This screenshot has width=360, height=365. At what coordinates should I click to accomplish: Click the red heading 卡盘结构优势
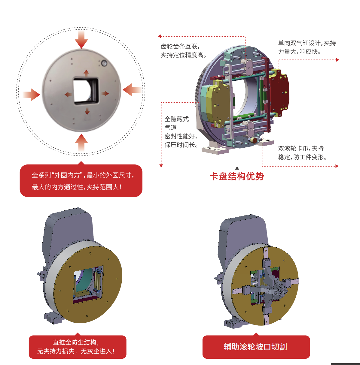237,176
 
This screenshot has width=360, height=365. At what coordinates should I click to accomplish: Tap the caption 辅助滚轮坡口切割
255,347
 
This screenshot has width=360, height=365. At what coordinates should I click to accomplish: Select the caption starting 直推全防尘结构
76,347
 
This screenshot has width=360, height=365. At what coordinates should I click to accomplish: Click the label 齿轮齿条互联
180,47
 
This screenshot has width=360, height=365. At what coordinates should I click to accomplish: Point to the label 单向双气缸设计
301,43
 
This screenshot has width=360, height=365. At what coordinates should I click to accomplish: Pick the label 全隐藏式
177,119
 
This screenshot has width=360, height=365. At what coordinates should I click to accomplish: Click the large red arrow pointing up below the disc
81,143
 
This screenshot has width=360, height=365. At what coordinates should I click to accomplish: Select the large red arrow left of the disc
31,95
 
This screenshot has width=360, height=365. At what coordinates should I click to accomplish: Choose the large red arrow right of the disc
132,90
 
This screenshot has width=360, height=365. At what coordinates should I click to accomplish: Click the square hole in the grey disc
86,91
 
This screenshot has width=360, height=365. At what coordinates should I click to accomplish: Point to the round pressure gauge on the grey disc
104,63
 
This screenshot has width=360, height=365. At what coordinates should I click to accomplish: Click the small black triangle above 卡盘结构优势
237,168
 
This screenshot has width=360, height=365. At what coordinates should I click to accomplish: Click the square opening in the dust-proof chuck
88,285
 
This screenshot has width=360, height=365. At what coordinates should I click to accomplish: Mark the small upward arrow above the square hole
86,73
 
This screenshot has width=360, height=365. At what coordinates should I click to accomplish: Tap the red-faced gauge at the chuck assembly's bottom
254,140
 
